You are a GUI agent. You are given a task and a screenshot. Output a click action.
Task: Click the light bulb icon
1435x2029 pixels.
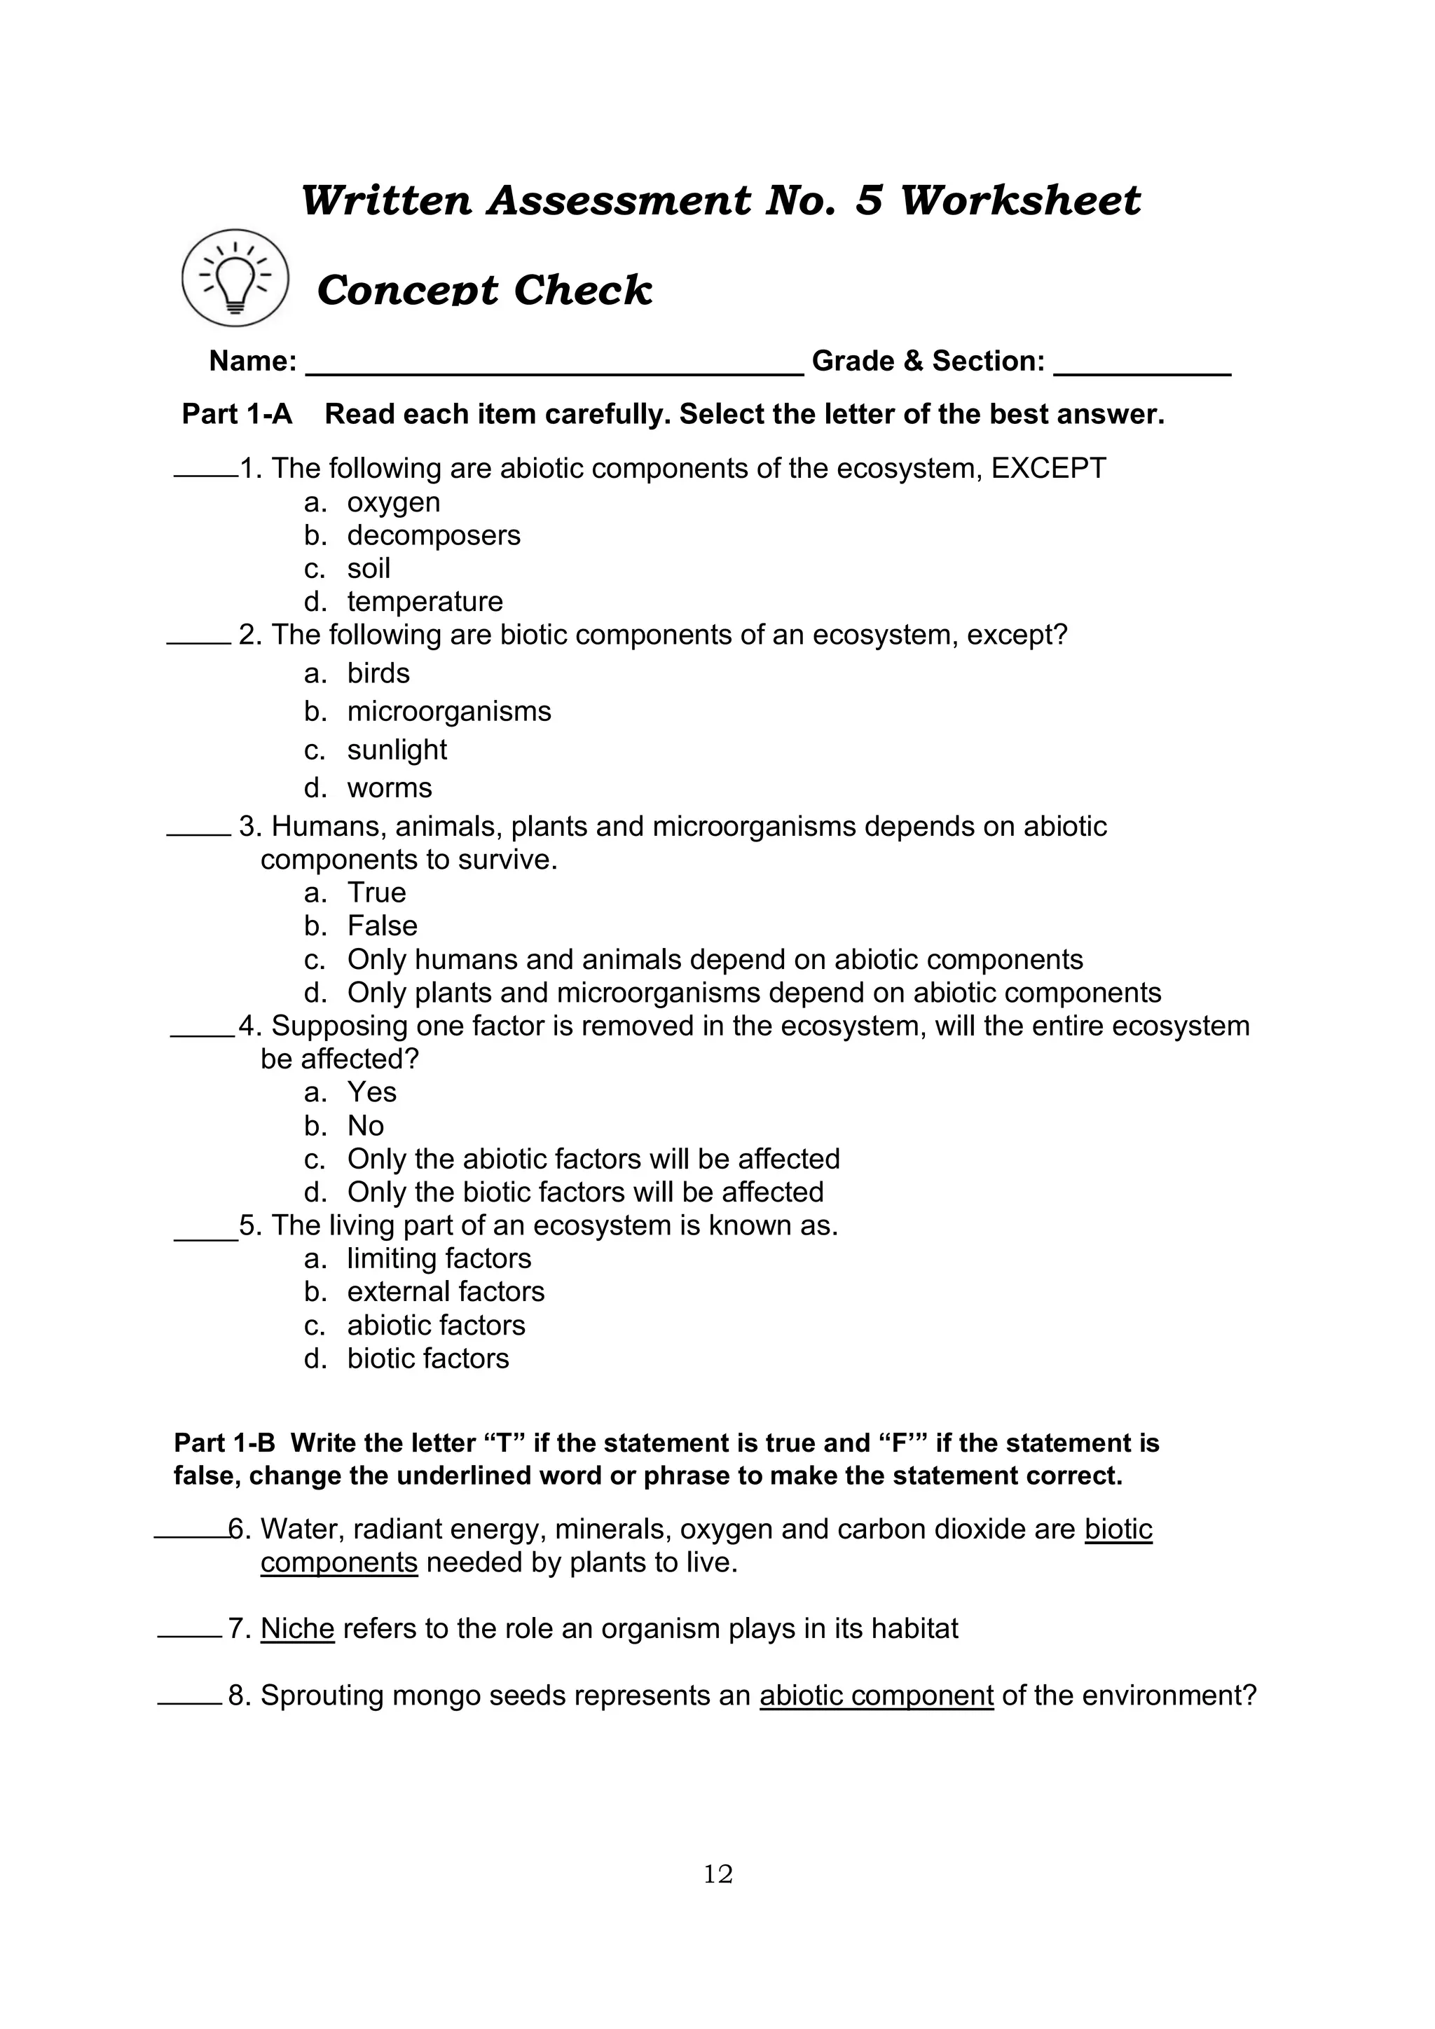235,278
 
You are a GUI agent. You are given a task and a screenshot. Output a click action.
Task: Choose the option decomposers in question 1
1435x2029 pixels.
433,535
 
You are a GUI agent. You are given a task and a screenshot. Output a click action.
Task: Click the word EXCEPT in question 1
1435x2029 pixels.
1048,469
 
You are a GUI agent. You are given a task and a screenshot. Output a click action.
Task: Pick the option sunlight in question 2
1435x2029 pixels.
397,750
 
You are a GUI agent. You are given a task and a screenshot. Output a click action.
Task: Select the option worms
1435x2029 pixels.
390,787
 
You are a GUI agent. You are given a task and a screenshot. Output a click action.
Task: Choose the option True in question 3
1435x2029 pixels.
376,893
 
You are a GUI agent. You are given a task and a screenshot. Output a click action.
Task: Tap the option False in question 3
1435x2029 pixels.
382,926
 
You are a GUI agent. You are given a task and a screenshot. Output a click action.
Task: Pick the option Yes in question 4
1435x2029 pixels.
371,1092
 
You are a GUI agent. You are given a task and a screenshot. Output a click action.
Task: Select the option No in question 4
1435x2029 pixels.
365,1126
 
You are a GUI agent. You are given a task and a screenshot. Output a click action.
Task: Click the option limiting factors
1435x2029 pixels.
439,1258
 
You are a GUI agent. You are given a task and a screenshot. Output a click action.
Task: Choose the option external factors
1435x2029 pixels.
446,1292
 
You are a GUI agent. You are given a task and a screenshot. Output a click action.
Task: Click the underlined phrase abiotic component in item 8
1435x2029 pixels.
876,1696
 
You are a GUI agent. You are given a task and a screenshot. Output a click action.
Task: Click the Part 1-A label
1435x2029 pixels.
237,415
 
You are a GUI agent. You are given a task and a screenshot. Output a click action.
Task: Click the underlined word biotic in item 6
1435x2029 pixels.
1118,1529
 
